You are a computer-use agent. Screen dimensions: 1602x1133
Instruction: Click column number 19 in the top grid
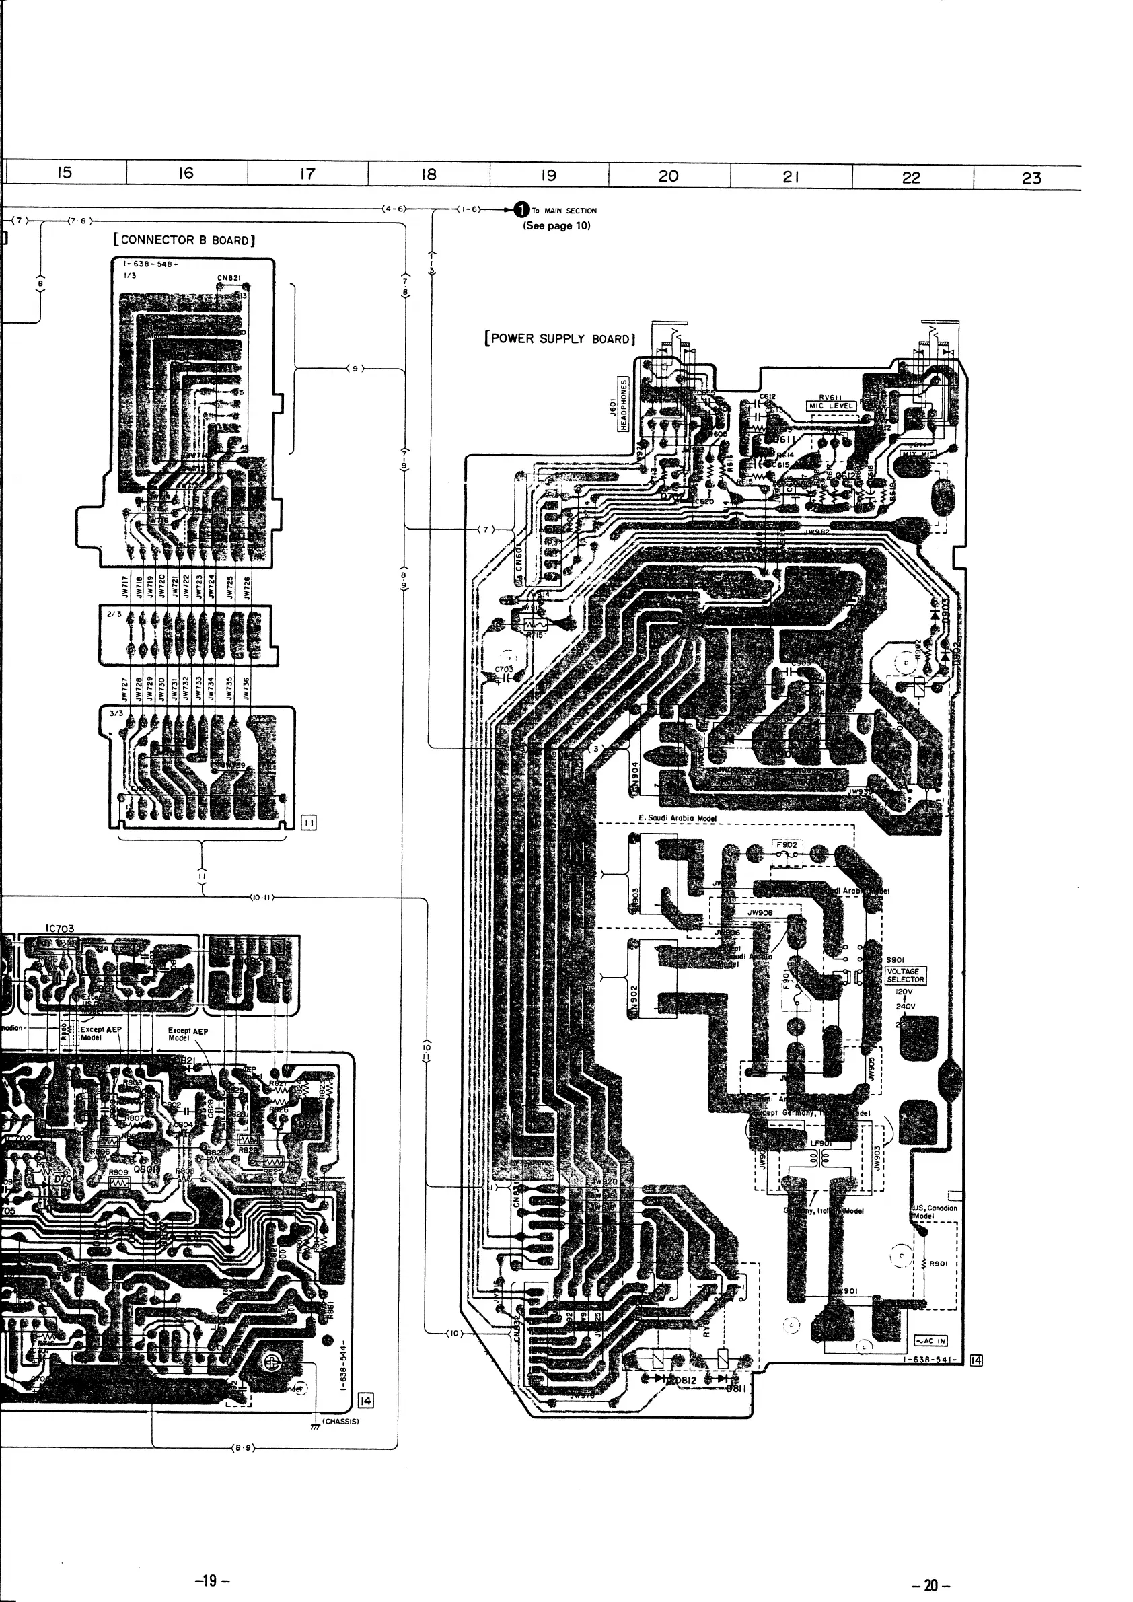549,175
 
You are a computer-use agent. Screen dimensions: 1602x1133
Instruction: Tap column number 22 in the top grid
911,177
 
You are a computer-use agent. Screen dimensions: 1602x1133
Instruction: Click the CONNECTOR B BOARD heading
184,240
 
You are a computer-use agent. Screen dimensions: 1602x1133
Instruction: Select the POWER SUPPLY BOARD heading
560,339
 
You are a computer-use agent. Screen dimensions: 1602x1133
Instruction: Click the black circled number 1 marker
521,209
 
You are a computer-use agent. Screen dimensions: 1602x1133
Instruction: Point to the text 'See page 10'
556,225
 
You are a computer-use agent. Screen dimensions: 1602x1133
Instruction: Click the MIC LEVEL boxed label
831,406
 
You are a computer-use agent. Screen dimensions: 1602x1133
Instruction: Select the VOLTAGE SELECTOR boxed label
906,975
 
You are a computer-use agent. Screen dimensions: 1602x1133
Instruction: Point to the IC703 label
60,929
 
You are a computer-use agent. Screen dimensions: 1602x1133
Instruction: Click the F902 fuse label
787,844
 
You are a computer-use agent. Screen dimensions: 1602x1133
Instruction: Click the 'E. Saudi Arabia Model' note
677,817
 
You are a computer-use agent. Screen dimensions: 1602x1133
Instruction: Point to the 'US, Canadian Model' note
934,1211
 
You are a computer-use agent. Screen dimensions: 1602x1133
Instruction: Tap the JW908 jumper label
760,912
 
